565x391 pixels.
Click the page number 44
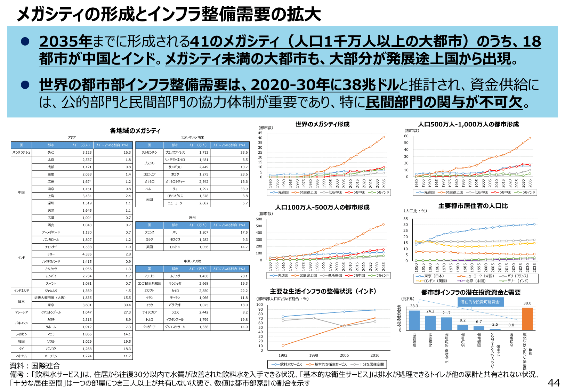click(554, 383)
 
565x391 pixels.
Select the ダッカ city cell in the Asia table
click(51, 152)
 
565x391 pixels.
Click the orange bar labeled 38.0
click(527, 319)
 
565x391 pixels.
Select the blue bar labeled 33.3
click(414, 320)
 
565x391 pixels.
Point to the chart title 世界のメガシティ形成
click(322, 124)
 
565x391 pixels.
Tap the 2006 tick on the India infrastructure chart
click(344, 355)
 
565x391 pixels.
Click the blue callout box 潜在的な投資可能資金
click(480, 302)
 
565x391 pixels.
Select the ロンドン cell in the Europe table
click(175, 247)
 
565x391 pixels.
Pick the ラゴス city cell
click(175, 312)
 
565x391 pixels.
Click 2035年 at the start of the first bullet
click(66, 42)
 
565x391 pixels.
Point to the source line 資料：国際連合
click(35, 366)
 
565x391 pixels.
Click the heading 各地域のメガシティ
click(135, 131)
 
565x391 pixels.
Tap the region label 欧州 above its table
click(192, 218)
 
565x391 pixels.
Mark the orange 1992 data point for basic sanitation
click(283, 345)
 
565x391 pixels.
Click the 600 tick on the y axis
click(259, 219)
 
